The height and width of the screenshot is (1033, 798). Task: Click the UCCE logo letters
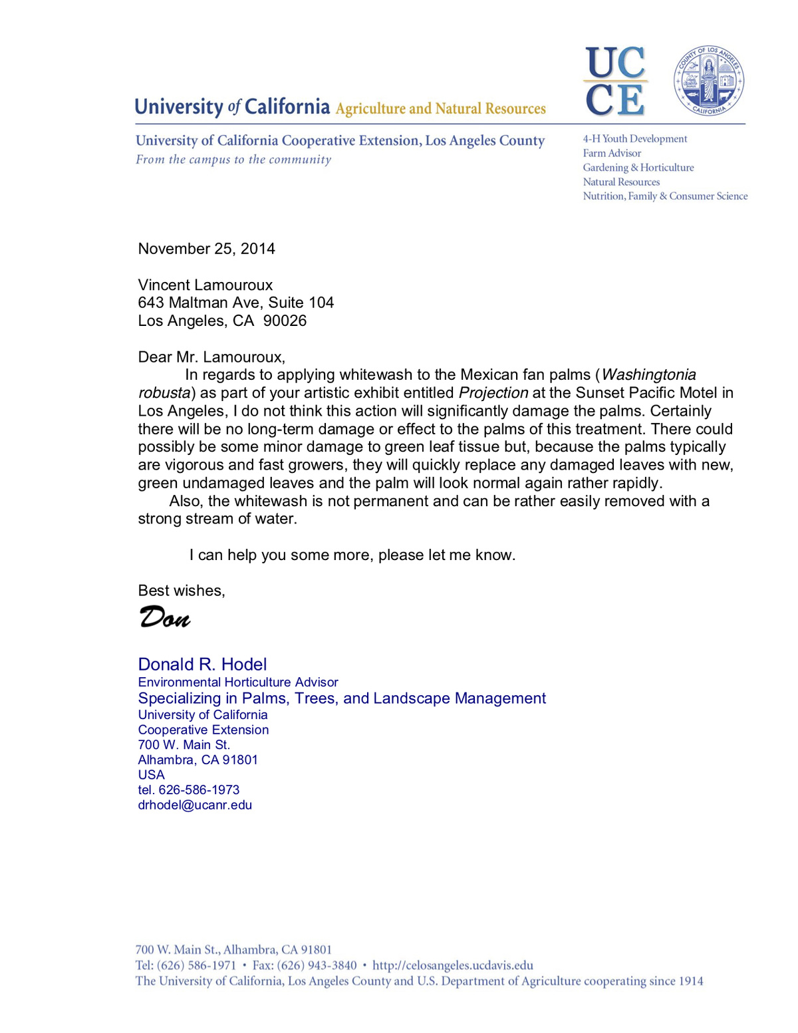click(615, 81)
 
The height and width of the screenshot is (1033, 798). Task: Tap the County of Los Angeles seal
click(709, 81)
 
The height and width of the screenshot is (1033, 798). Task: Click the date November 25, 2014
click(206, 249)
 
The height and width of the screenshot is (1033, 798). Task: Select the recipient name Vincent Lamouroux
click(205, 285)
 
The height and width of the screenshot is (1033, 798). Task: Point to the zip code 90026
click(285, 321)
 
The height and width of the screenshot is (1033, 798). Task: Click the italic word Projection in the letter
click(493, 393)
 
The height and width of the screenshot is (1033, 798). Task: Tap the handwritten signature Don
click(165, 618)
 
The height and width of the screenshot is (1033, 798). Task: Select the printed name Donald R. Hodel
click(202, 664)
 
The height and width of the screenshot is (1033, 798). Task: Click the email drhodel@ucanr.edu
click(195, 806)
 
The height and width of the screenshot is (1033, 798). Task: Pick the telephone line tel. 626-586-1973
click(189, 790)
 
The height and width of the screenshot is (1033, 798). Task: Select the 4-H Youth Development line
click(635, 139)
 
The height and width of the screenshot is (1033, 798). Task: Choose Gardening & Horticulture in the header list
click(638, 168)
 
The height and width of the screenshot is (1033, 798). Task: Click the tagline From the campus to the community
click(233, 160)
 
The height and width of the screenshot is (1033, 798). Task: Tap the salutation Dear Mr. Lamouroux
click(211, 357)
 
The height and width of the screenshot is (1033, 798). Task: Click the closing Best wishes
click(181, 591)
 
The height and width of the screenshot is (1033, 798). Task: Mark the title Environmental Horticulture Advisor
click(238, 682)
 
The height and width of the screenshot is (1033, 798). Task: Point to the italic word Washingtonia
click(648, 375)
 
